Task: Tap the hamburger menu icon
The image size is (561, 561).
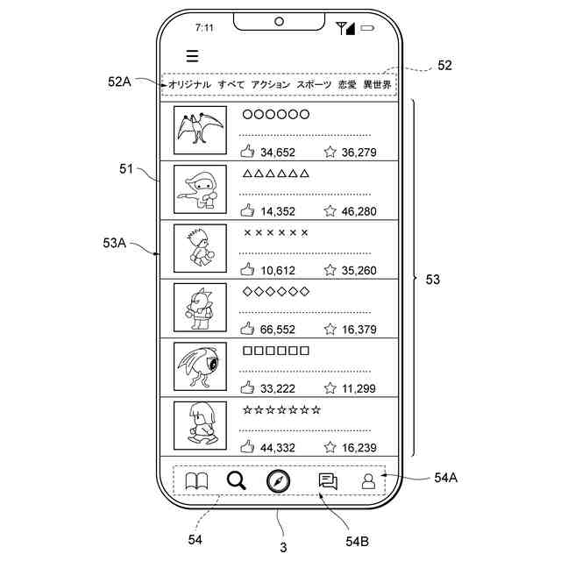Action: [x=192, y=56]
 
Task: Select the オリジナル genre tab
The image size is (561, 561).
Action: [x=189, y=85]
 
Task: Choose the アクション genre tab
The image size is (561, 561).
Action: [x=271, y=85]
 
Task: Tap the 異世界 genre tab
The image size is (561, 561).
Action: [x=378, y=85]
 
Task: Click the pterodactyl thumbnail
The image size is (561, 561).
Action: [x=200, y=130]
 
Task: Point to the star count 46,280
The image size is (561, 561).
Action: [x=359, y=211]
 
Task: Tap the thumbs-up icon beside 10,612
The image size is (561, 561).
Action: [x=247, y=270]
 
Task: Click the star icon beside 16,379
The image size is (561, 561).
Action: [x=330, y=330]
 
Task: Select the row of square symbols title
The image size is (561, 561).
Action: [x=275, y=351]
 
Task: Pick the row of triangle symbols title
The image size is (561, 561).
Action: [x=275, y=174]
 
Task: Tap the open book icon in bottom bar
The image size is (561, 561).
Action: [x=196, y=481]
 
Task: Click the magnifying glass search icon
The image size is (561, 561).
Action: [x=237, y=480]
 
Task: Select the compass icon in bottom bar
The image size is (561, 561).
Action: [x=279, y=481]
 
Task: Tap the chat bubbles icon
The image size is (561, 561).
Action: [x=328, y=481]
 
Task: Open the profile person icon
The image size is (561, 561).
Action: [x=369, y=481]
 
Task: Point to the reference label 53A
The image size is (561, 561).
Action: [x=114, y=243]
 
